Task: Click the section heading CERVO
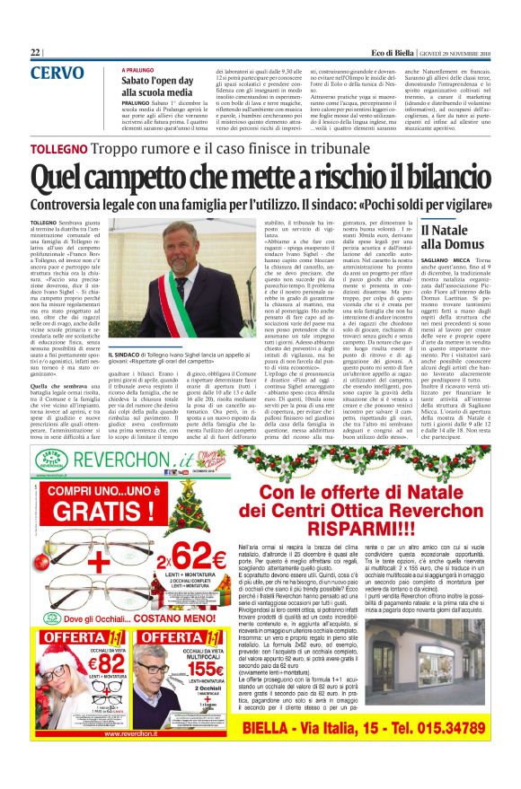point(57,73)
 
